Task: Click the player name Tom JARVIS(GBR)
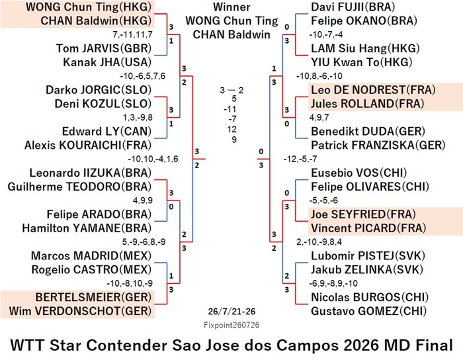point(104,48)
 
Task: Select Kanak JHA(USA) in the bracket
point(107,62)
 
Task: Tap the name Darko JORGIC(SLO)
point(99,90)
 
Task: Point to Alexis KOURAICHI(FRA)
point(88,145)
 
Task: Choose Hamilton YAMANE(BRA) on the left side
point(87,228)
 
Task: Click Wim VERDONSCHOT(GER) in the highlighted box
point(80,311)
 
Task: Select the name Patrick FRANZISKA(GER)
point(378,145)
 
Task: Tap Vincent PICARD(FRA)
point(368,228)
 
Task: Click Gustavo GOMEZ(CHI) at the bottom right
point(369,311)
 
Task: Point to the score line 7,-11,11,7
point(132,34)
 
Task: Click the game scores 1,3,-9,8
point(138,118)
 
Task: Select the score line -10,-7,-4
point(326,34)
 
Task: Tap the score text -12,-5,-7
point(300,159)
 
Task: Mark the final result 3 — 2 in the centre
point(232,90)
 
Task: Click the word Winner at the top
point(232,7)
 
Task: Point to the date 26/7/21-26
point(232,311)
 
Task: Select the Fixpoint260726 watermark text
point(232,325)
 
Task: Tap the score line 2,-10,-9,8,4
point(319,242)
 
